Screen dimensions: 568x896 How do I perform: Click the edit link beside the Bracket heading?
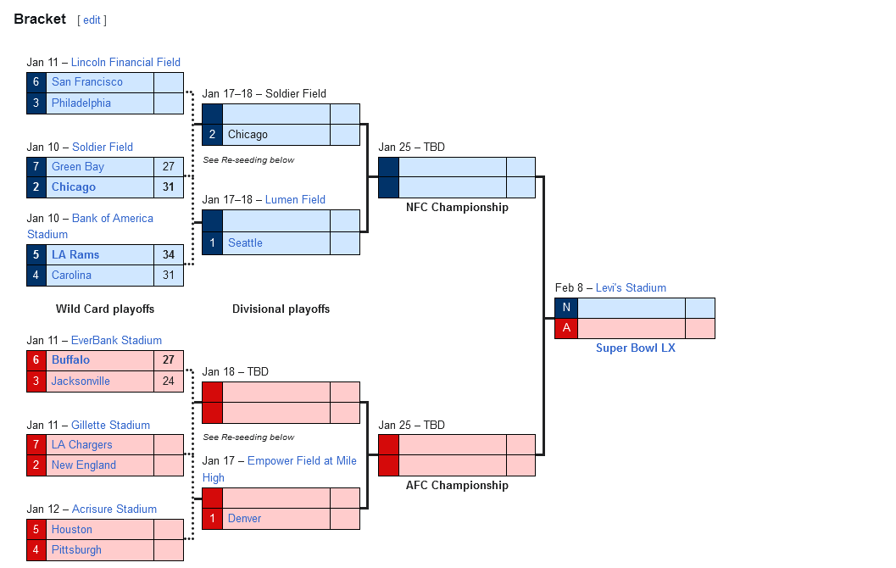(x=92, y=20)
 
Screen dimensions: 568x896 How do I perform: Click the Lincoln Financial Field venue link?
(x=125, y=62)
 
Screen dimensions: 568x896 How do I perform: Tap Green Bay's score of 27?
(x=168, y=167)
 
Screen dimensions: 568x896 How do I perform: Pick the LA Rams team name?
(x=75, y=255)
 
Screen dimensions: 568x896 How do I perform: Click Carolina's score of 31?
(x=168, y=276)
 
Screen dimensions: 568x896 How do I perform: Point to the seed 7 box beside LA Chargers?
(x=36, y=445)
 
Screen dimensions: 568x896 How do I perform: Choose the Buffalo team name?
(x=70, y=360)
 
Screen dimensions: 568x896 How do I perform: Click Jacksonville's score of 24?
(x=168, y=381)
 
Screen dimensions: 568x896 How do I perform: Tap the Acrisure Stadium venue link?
(x=114, y=510)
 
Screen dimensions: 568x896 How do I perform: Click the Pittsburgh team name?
(x=76, y=550)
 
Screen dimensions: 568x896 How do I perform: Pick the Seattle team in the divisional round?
(x=245, y=243)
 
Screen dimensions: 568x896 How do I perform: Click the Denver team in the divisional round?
(x=244, y=519)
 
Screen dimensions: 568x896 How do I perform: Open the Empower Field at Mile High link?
(x=302, y=461)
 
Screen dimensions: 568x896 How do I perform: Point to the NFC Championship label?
(x=457, y=208)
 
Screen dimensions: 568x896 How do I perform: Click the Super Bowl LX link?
(x=635, y=348)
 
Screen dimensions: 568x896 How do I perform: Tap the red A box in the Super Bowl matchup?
(x=566, y=329)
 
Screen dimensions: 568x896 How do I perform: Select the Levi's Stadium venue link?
(x=631, y=288)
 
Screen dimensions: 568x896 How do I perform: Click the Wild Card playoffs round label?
(x=105, y=309)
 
